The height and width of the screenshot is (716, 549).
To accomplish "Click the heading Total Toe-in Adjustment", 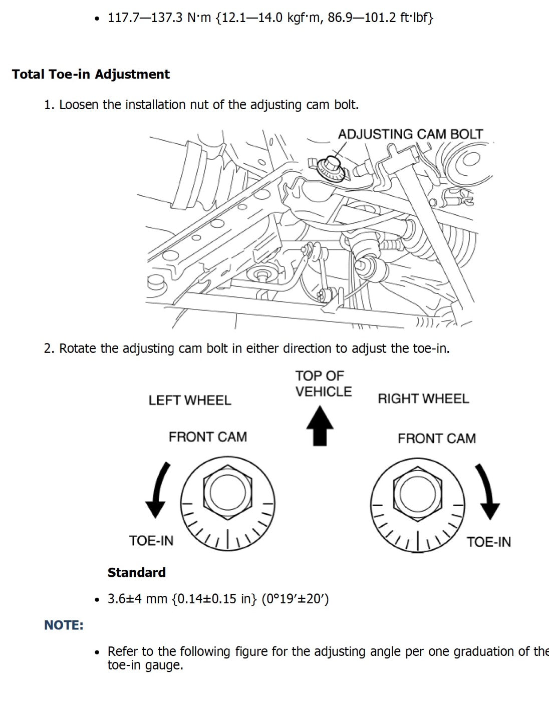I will (91, 74).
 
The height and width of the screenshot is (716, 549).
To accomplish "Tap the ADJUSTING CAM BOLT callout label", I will (410, 134).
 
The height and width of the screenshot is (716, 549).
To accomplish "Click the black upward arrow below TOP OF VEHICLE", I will (320, 425).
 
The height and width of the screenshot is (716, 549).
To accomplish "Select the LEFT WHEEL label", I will (190, 400).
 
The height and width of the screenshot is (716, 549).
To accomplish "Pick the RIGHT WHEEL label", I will (423, 399).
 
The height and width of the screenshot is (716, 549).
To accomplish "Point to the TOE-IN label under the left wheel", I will (151, 541).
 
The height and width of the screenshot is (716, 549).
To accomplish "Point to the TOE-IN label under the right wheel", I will (489, 542).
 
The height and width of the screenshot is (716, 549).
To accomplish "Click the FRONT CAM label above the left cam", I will (207, 437).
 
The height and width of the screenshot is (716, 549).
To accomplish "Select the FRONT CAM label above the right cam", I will (436, 438).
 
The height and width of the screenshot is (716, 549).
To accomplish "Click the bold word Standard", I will (136, 572).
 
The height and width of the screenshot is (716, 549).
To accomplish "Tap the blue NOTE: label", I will (64, 625).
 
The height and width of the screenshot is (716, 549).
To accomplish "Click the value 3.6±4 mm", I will (137, 599).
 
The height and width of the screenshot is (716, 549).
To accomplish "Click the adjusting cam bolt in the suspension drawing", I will (331, 166).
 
